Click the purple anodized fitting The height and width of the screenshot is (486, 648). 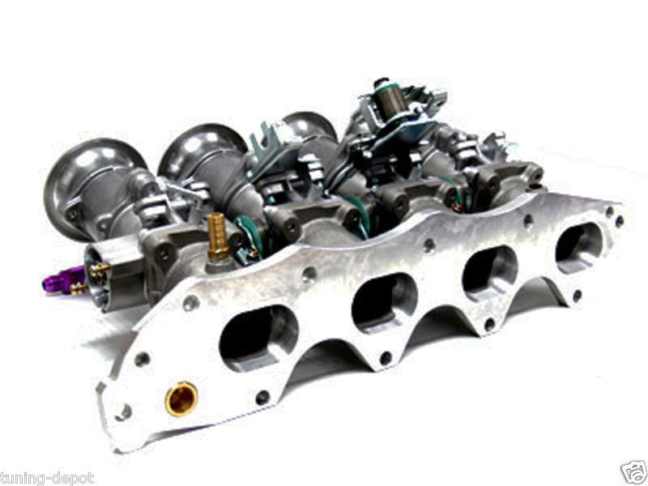(57, 278)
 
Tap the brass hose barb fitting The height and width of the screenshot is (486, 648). (217, 237)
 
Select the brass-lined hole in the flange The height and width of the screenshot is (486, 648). (181, 399)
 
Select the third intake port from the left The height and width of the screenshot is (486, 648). (491, 272)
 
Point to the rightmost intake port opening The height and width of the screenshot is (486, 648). (579, 245)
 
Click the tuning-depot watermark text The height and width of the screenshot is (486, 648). (47, 479)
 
